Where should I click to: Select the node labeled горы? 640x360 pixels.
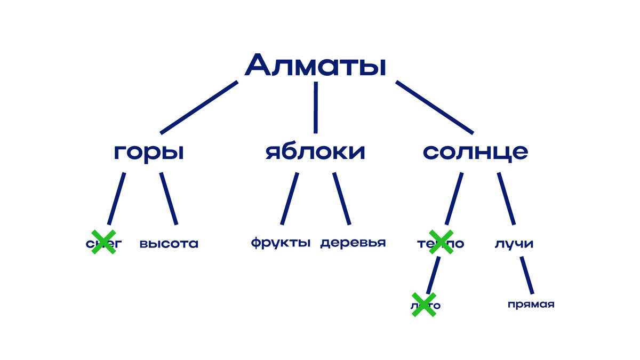(149, 153)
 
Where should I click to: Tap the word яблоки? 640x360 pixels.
(315, 152)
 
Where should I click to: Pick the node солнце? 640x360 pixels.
(475, 152)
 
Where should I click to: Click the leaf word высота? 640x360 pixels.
(169, 244)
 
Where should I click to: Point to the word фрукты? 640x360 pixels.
(281, 243)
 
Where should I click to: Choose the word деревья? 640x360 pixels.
(353, 243)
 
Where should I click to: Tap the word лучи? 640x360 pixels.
(514, 244)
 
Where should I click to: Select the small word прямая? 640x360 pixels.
(531, 305)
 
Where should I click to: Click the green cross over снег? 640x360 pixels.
(103, 242)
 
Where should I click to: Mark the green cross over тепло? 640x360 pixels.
(441, 242)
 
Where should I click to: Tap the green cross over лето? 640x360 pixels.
(424, 305)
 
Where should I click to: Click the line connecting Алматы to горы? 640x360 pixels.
(199, 107)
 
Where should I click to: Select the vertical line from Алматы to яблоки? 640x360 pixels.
(315, 107)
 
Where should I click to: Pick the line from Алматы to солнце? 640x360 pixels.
(434, 107)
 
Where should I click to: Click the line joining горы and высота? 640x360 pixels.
(169, 198)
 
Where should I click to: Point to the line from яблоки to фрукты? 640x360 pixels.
(290, 198)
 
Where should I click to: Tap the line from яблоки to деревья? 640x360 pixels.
(342, 198)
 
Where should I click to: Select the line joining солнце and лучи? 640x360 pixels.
(506, 198)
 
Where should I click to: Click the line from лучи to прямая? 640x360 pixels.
(527, 275)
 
